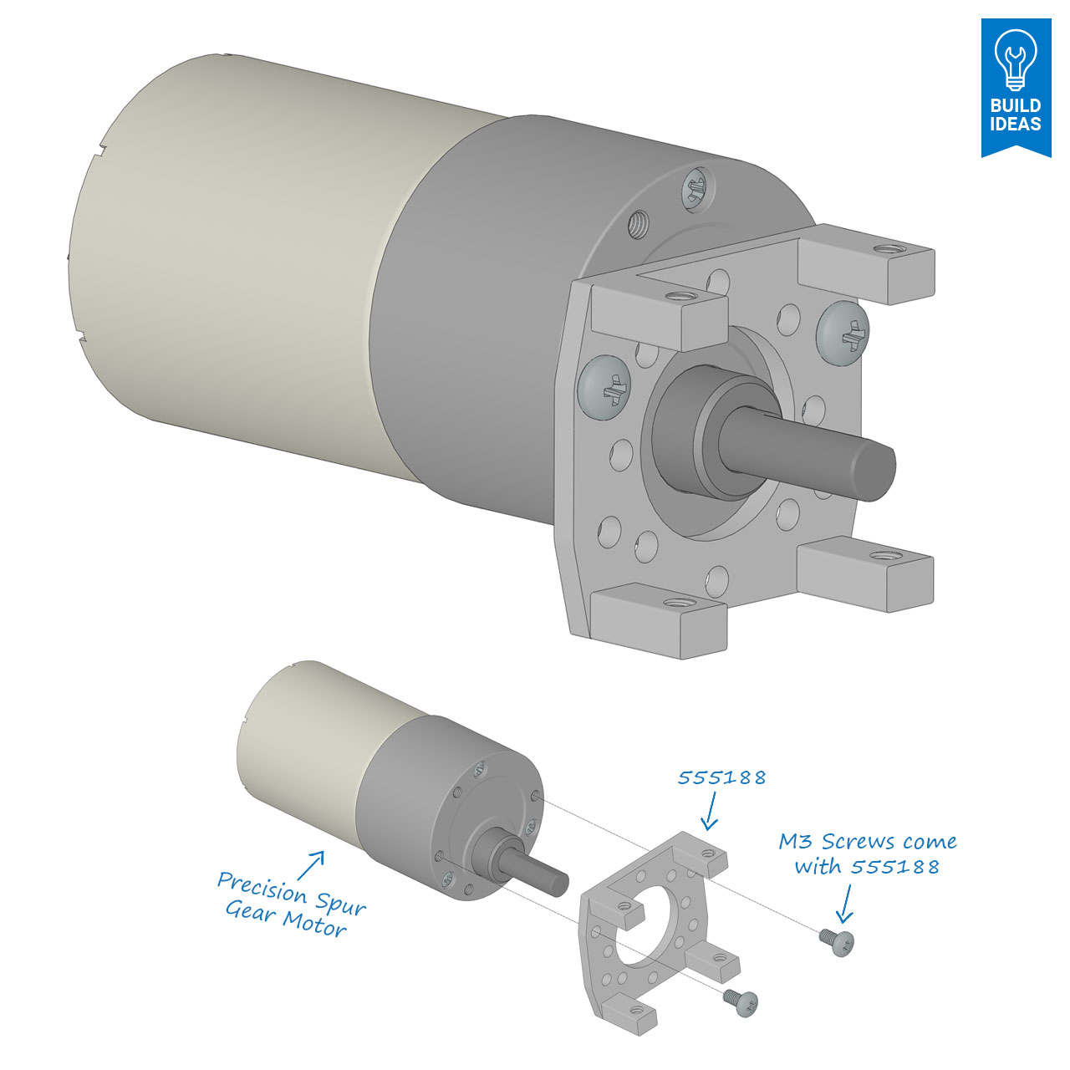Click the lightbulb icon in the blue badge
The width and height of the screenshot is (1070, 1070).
(1016, 57)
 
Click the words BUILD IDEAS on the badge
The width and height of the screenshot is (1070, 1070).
(1016, 115)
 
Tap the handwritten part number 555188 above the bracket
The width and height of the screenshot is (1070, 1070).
(721, 777)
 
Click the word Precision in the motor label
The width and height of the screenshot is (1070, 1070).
(262, 887)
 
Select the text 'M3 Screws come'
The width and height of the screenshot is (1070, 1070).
(868, 841)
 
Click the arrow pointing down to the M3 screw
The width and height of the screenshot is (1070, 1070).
(845, 903)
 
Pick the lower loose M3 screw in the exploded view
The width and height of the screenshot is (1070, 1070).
(742, 1001)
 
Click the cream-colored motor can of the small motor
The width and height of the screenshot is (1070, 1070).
(301, 736)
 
